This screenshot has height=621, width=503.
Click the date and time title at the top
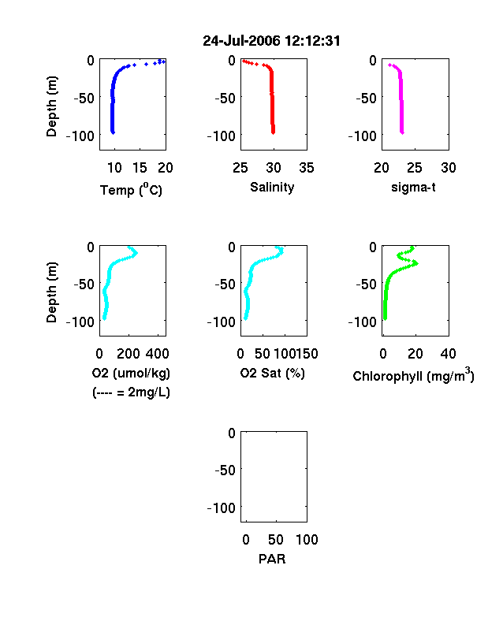point(271,41)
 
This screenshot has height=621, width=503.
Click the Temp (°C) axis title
point(131,190)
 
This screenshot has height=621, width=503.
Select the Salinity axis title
point(272,187)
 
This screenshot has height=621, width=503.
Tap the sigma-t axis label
point(413,188)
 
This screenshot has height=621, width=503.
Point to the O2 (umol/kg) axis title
point(131,373)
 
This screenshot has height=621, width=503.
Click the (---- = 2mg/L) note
point(131,392)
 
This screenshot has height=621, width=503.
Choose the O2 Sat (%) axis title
point(273,373)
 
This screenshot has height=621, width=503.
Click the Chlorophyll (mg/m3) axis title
point(413,375)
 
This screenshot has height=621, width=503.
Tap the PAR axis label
point(272,559)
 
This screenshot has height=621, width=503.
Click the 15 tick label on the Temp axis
point(140,168)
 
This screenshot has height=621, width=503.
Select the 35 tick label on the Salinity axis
point(307,168)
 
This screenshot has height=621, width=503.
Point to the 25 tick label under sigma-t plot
point(415,168)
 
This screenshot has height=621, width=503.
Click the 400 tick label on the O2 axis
point(158,354)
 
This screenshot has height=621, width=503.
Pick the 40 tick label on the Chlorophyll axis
point(448,354)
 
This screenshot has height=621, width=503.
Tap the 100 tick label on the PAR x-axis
point(307,539)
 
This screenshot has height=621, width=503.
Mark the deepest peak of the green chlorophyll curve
point(416,263)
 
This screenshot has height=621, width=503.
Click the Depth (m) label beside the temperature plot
point(52,106)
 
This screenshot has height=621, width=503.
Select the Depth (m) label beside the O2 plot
point(52,292)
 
